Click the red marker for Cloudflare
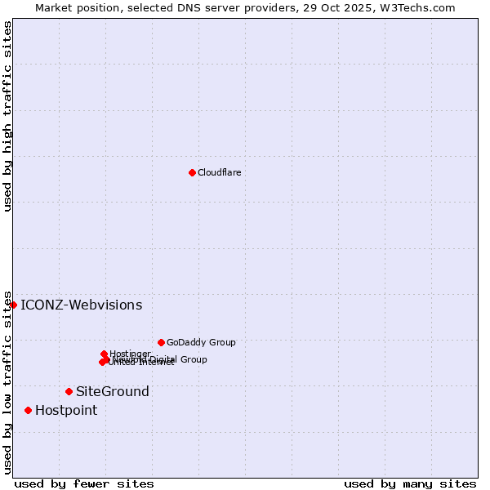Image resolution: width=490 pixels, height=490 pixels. tap(192, 172)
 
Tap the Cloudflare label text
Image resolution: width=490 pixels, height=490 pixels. tap(219, 172)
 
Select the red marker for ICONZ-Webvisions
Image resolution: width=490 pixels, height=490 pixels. tap(13, 305)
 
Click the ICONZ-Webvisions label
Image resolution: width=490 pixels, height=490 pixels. tap(81, 305)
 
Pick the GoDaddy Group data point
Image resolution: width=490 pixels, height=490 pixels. tap(161, 342)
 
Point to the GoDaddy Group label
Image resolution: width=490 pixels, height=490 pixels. tap(201, 342)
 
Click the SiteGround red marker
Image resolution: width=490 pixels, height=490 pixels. tap(69, 391)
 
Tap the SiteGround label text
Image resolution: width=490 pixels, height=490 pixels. tap(113, 392)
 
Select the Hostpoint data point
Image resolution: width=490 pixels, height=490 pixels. tap(28, 410)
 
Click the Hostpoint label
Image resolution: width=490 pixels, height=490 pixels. tap(66, 411)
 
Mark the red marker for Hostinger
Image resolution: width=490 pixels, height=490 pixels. tap(104, 354)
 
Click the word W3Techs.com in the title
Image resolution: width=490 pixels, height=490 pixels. tap(421, 7)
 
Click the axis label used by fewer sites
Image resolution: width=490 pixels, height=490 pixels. tap(84, 483)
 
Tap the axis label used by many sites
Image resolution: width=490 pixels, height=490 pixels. tap(410, 483)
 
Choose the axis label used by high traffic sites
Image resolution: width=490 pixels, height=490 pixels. tap(7, 117)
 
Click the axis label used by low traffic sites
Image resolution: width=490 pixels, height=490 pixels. tap(7, 381)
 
